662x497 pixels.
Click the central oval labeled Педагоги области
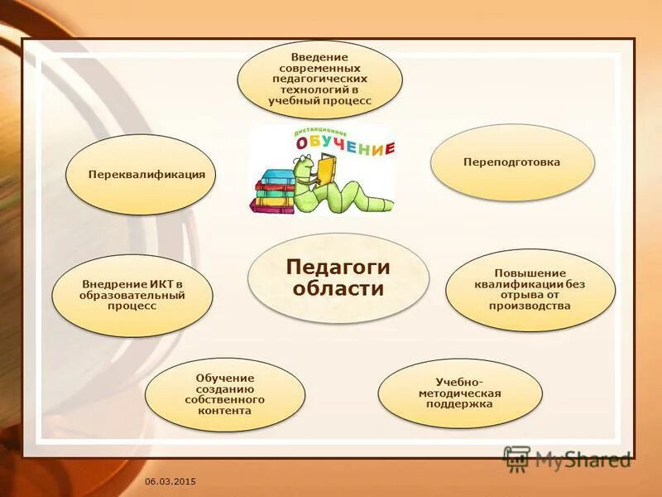[x=338, y=277]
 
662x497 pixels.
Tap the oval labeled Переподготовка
[x=512, y=162]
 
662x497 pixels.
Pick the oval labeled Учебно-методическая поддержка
[x=460, y=393]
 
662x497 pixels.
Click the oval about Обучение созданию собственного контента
[x=225, y=394]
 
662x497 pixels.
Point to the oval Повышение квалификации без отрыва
[x=530, y=289]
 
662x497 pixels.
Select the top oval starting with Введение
[x=319, y=78]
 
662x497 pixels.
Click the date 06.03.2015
[x=170, y=481]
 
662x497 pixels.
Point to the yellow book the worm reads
[x=326, y=171]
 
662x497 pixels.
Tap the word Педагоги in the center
[x=338, y=267]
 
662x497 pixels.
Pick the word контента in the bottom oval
[x=225, y=410]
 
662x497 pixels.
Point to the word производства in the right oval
[x=530, y=306]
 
